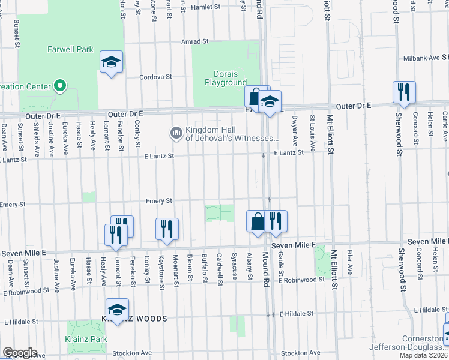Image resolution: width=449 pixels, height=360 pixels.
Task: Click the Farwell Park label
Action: (71, 49)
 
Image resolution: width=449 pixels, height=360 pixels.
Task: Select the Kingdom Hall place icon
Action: (176, 131)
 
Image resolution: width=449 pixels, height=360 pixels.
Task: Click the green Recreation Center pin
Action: (59, 86)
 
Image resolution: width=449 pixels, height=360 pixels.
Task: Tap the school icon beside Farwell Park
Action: (111, 62)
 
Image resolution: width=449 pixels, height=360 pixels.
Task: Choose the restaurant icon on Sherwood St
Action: (404, 92)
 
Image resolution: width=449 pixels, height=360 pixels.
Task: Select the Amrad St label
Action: (195, 42)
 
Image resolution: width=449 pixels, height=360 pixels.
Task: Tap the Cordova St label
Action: (155, 77)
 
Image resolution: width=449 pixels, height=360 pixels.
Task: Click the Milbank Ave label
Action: (421, 58)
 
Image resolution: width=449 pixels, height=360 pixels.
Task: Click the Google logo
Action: (20, 353)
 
